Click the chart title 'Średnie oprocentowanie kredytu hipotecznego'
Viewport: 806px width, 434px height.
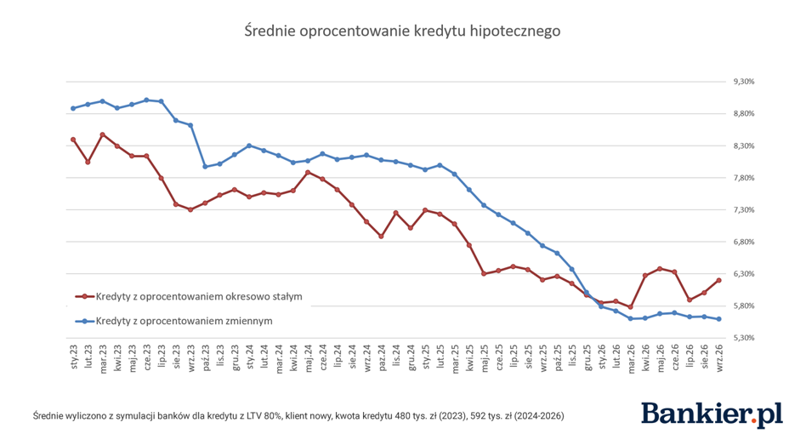402,31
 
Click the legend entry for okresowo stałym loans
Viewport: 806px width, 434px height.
189,297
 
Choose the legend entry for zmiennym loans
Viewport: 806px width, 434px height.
174,321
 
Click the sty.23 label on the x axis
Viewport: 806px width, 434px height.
73,357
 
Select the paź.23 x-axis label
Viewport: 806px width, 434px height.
205,357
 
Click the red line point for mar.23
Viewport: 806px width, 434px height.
102,134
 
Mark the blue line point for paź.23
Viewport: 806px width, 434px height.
205,167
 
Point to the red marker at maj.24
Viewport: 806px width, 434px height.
308,172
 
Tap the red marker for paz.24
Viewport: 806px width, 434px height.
381,237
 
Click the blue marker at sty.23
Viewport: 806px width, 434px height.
73,109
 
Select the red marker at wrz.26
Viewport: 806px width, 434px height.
719,280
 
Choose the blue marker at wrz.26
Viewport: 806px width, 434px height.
719,319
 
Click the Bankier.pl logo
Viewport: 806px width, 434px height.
712,414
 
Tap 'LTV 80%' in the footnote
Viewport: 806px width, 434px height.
264,416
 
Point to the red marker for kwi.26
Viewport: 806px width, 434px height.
645,276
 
